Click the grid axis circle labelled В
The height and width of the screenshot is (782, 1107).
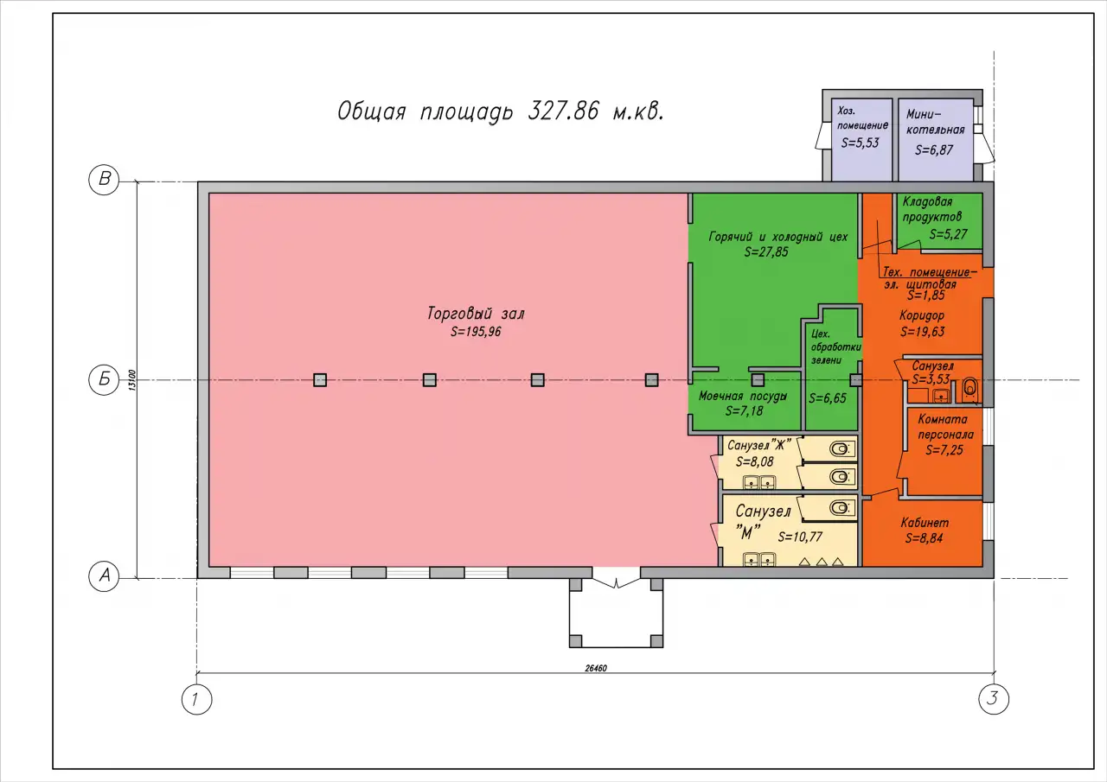[x=104, y=179]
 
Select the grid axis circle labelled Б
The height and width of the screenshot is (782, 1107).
[x=104, y=379]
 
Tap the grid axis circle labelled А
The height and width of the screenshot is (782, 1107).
[x=104, y=575]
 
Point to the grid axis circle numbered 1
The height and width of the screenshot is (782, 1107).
[x=196, y=699]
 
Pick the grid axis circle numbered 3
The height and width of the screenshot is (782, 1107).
[x=994, y=698]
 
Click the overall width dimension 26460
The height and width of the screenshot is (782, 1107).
[x=596, y=669]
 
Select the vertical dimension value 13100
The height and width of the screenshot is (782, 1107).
[x=131, y=380]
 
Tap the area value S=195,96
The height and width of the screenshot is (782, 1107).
[x=476, y=332]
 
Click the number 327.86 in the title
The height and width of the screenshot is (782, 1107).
[x=563, y=111]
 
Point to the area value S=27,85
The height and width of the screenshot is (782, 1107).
[x=766, y=251]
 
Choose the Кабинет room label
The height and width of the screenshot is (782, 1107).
[x=925, y=523]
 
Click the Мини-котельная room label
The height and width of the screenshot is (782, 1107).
[x=935, y=122]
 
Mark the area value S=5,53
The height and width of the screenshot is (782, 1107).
[x=860, y=143]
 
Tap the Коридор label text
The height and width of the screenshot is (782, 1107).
[x=922, y=315]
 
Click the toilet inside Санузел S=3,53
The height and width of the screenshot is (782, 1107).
[x=970, y=389]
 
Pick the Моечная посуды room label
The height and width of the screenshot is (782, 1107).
[x=742, y=396]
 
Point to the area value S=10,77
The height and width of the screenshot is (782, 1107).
[x=800, y=537]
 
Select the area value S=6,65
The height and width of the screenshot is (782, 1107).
[x=828, y=397]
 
